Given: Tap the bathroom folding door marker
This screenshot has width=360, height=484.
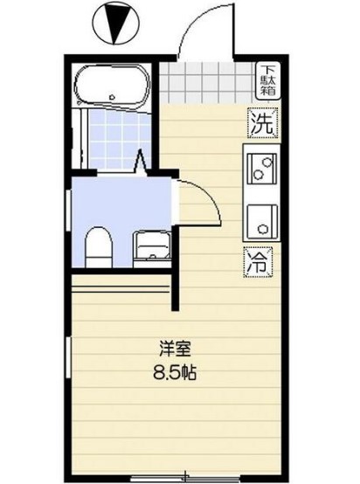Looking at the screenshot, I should [x=141, y=162].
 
